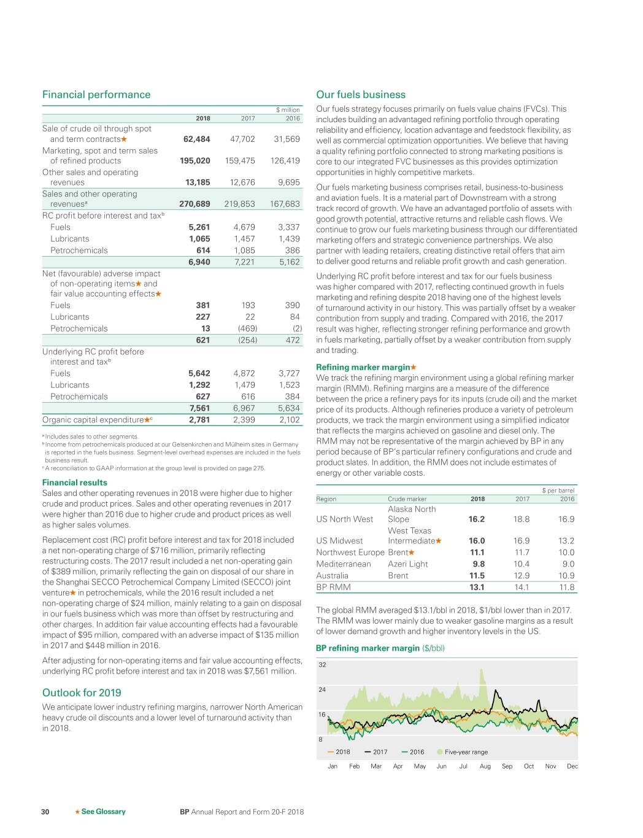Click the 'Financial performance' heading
coord(96,95)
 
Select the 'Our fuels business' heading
coord(361,95)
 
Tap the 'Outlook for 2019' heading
coord(82,693)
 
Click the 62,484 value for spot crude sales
coord(197,139)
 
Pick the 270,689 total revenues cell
coord(194,204)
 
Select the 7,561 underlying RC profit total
coord(199,408)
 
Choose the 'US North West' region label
coord(344,519)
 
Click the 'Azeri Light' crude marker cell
coord(408,564)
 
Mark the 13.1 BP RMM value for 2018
coord(477,588)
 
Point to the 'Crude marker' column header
coord(407,499)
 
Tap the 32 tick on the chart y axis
coord(322,665)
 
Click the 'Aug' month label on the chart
coord(485,766)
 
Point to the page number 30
coord(45,812)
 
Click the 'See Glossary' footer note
coord(103,812)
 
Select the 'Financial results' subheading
coord(75,483)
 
